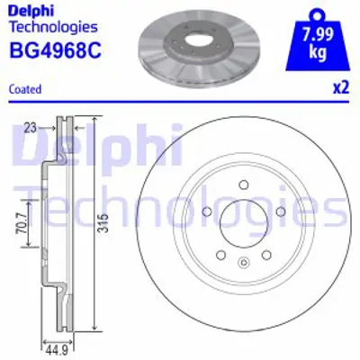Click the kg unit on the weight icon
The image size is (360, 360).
coord(318,52)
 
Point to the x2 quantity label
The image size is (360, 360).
coord(340,88)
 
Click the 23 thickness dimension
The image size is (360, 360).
coord(30,127)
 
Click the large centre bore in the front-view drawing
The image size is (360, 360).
coord(243,220)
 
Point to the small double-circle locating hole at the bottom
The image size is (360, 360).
coord(243,263)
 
